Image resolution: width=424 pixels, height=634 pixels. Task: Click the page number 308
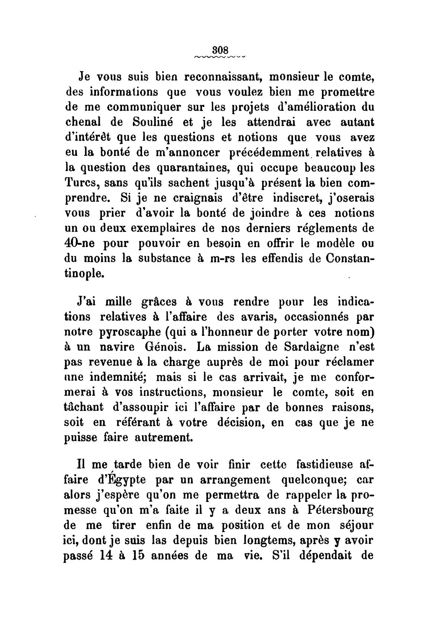tap(220, 50)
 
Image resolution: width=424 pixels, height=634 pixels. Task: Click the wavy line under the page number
tap(220, 57)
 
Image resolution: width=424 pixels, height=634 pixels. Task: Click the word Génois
tap(165, 347)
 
